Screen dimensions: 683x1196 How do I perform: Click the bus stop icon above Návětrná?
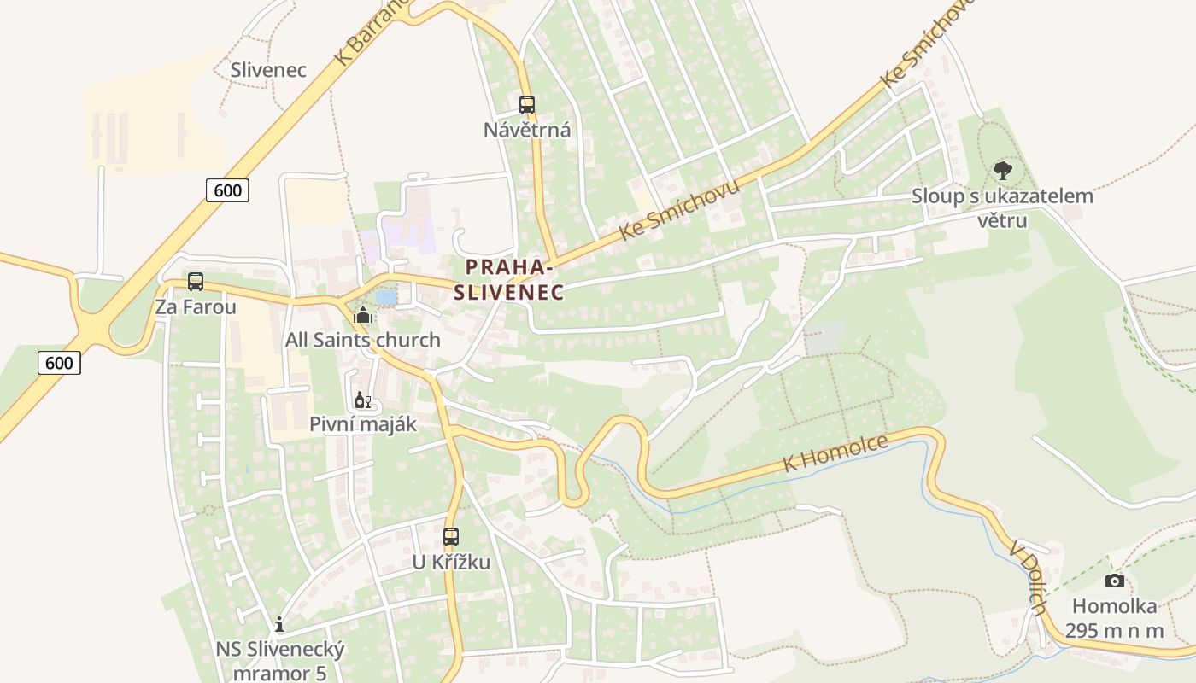(x=527, y=105)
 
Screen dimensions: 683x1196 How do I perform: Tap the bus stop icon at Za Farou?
(x=196, y=282)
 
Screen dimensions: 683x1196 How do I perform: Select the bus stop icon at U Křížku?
(x=451, y=537)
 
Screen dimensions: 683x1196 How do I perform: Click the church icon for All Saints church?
(x=363, y=316)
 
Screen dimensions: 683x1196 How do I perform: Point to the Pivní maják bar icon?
(x=362, y=400)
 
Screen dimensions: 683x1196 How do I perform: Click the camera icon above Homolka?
(x=1114, y=581)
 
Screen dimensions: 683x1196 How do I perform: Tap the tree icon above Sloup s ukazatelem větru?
(x=1003, y=170)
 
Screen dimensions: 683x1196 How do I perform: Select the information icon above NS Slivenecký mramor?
(x=279, y=624)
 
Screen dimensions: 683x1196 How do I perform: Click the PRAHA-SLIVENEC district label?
(x=509, y=280)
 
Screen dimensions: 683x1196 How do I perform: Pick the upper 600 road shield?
(x=227, y=190)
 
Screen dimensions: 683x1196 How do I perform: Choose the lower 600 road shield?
(x=59, y=363)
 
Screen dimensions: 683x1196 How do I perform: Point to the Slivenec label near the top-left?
(x=268, y=70)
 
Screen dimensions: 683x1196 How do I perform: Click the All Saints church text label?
(x=363, y=340)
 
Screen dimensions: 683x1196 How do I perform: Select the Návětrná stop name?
(x=527, y=131)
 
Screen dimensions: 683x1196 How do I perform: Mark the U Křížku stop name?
(x=451, y=562)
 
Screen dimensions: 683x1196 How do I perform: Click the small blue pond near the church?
(x=386, y=296)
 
